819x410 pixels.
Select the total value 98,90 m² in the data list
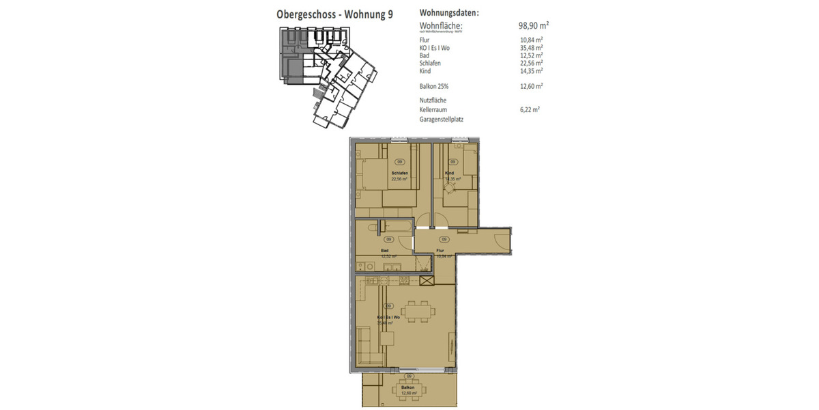(534, 25)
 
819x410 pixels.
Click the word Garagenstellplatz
(442, 119)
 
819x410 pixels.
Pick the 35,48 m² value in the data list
(531, 48)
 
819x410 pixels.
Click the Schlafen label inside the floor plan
(399, 174)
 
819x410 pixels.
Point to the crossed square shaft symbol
(427, 279)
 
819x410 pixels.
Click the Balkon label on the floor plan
(408, 387)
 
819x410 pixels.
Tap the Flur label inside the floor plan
(440, 251)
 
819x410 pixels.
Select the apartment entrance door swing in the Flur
(502, 240)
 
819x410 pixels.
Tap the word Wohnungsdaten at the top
(449, 12)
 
